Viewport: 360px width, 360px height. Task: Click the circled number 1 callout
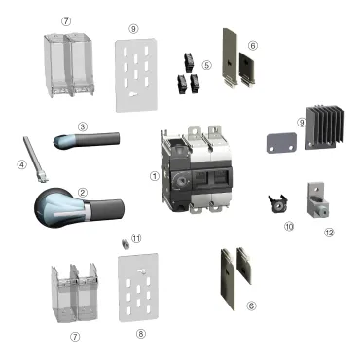(154, 177)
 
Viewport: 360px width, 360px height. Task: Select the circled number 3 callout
(83, 126)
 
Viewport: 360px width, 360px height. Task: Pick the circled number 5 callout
(206, 65)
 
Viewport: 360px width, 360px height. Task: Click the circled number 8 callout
(141, 333)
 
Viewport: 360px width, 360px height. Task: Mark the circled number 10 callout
(288, 226)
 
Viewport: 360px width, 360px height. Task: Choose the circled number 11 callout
(136, 237)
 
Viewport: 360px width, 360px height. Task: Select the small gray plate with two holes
(280, 144)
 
